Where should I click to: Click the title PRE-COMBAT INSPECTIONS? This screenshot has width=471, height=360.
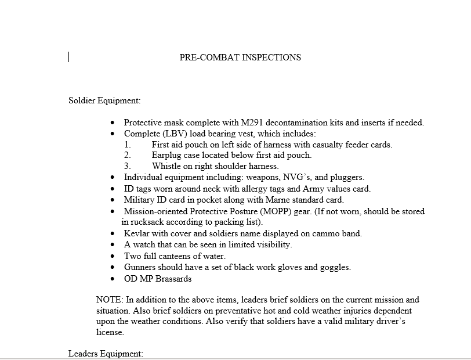[x=240, y=57]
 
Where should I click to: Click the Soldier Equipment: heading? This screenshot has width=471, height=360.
[x=104, y=100]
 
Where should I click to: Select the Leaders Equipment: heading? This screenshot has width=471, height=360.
[x=106, y=353]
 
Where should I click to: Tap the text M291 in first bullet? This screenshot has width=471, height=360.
[x=245, y=123]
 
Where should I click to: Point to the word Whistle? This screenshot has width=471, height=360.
[x=167, y=166]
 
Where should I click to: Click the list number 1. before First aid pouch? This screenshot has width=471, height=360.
[x=128, y=145]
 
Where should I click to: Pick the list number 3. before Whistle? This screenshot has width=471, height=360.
[x=128, y=166]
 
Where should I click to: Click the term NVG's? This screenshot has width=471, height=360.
[x=297, y=177]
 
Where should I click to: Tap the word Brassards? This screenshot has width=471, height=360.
[x=171, y=278]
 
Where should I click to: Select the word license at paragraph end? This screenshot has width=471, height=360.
[x=110, y=333]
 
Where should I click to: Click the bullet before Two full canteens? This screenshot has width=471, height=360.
[x=113, y=256]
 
